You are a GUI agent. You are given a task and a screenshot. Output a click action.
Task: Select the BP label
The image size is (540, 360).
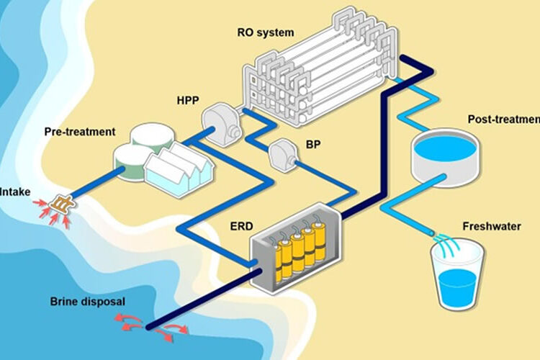(x=312, y=143)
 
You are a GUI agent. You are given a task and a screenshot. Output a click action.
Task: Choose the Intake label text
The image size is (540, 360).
(x=14, y=192)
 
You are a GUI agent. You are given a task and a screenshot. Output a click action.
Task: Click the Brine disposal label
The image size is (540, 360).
(x=89, y=302)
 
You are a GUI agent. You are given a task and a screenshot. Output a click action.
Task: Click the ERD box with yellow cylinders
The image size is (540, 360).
(x=294, y=248)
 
